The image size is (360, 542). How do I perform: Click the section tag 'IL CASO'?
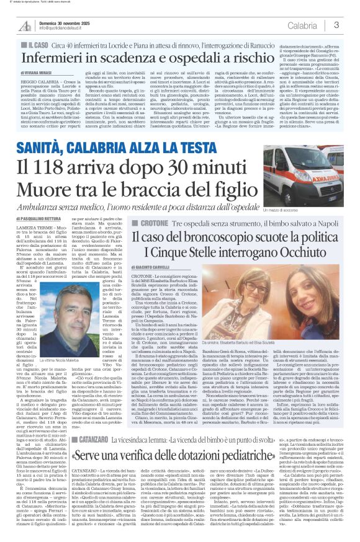pos(37,46)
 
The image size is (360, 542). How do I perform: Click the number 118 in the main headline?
pos(70,167)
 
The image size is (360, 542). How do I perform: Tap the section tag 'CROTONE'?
pos(163,221)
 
